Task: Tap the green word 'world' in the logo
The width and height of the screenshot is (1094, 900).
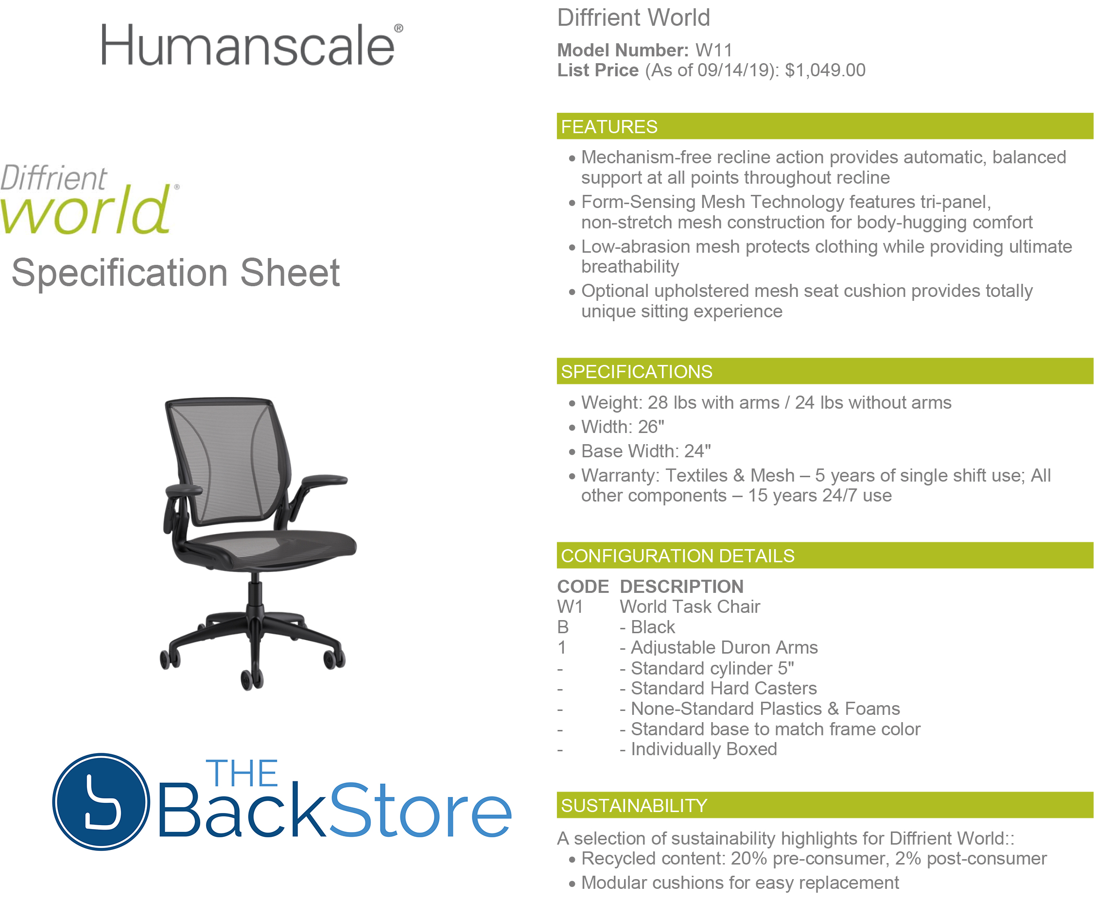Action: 86,210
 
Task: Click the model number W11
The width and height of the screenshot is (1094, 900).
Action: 713,50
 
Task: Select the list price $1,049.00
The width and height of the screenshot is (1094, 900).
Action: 825,70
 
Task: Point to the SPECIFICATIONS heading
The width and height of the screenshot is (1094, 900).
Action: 636,372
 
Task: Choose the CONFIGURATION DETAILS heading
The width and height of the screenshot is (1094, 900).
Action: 677,556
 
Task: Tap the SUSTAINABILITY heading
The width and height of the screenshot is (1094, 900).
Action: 634,806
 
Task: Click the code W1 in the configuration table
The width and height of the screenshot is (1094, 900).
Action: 570,606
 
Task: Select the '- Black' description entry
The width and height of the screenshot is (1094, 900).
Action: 647,627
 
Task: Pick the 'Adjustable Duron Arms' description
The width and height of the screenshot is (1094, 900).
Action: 724,647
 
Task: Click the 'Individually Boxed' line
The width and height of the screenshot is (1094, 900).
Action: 704,749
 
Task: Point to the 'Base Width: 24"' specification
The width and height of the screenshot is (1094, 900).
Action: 645,451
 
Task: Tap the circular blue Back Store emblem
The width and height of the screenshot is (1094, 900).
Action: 101,801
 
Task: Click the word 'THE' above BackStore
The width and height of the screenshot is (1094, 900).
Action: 242,774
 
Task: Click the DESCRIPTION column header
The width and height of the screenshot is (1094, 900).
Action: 681,587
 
